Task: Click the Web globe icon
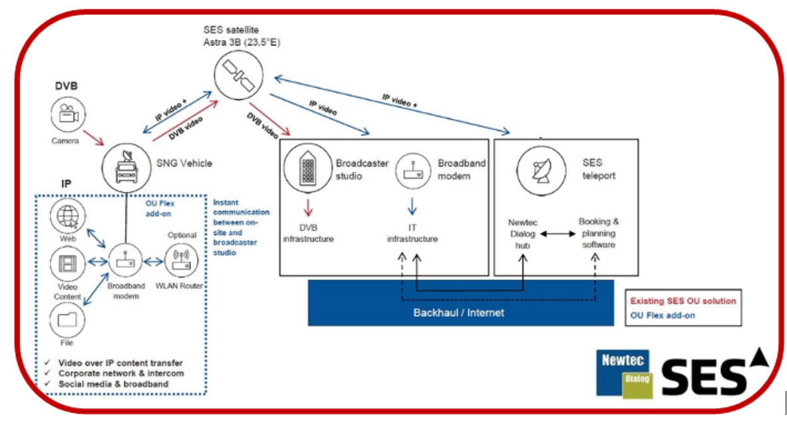coord(68,217)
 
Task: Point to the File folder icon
coord(68,319)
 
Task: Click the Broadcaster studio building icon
coord(307,170)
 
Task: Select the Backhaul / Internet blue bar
coord(460,311)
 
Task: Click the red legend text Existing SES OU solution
coord(683,301)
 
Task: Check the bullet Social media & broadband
coord(113,384)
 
